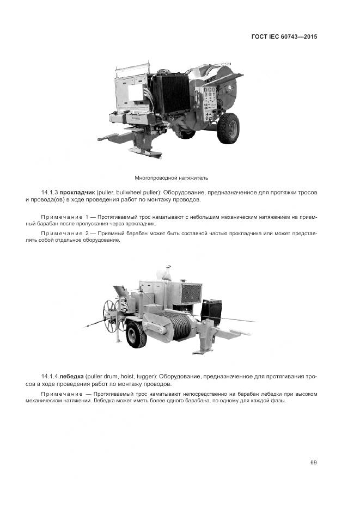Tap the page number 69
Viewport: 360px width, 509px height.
coord(314,463)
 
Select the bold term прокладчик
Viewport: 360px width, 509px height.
coord(78,193)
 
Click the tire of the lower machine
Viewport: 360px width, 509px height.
coord(136,335)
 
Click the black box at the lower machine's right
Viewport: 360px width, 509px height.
coord(211,311)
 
